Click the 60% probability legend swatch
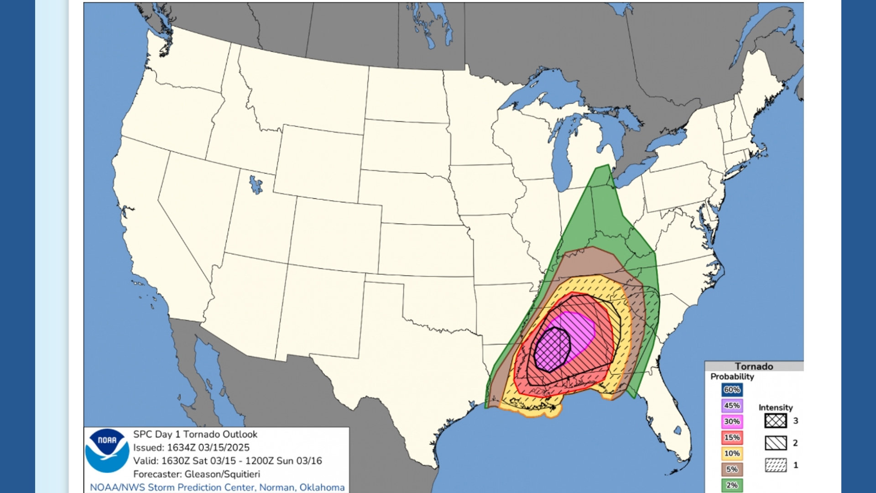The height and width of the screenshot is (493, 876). pyautogui.click(x=732, y=390)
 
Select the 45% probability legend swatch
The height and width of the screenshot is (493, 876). pyautogui.click(x=732, y=405)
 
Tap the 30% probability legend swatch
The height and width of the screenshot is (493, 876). pyautogui.click(x=732, y=421)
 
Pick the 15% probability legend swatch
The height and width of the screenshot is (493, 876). pyautogui.click(x=732, y=437)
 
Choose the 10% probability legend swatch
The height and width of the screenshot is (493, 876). pyautogui.click(x=732, y=453)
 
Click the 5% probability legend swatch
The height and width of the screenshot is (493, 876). pyautogui.click(x=732, y=469)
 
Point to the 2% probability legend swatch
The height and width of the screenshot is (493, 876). pyautogui.click(x=732, y=485)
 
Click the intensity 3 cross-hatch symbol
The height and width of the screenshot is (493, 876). pyautogui.click(x=776, y=420)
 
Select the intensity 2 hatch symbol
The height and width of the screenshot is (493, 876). pyautogui.click(x=776, y=443)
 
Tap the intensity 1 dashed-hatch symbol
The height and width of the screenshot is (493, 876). pyautogui.click(x=776, y=465)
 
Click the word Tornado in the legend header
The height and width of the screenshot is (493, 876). pyautogui.click(x=754, y=367)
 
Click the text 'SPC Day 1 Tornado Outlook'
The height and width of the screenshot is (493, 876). pyautogui.click(x=195, y=435)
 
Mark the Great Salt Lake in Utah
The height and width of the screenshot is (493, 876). pyautogui.click(x=255, y=185)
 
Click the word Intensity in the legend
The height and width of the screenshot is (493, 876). pyautogui.click(x=776, y=408)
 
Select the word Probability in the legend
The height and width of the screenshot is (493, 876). pyautogui.click(x=732, y=377)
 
